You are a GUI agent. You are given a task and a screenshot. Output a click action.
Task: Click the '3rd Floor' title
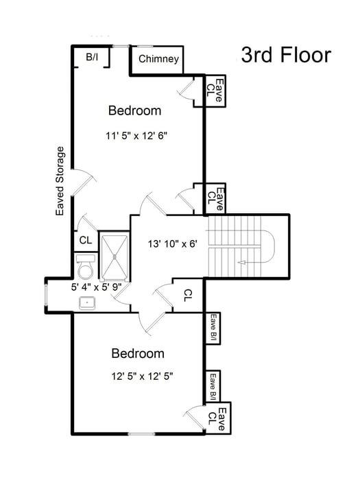pos(287,56)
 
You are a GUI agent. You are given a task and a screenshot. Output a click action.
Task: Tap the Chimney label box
pos(159,59)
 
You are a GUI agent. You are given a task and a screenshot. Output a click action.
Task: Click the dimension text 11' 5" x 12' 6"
pos(137,135)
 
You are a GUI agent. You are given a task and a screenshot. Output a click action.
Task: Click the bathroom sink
pos(87,302)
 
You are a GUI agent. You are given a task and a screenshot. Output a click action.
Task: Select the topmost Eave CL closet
pos(215,91)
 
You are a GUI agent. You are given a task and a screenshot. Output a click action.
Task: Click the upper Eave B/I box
pos(213,327)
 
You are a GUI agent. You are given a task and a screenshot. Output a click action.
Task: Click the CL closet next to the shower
pos(85,240)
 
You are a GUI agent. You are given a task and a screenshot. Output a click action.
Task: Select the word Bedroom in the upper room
pos(135,110)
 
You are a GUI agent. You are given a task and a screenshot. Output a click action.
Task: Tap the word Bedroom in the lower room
pos(138,354)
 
